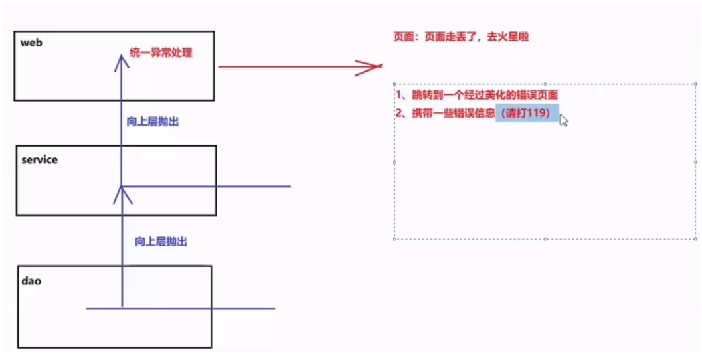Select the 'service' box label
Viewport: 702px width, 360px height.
click(x=39, y=160)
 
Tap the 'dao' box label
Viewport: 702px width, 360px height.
click(x=31, y=281)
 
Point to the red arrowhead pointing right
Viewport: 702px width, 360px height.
click(x=369, y=66)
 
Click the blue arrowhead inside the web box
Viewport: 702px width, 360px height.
click(x=121, y=60)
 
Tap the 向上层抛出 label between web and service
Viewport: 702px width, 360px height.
click(x=153, y=122)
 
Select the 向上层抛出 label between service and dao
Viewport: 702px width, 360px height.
click(x=161, y=242)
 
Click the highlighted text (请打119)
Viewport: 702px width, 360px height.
click(x=525, y=113)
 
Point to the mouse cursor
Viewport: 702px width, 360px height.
click(x=563, y=120)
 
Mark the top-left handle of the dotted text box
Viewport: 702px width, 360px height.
click(x=395, y=84)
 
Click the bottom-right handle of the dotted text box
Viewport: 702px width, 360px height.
click(x=696, y=239)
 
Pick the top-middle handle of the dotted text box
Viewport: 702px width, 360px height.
click(x=545, y=84)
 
